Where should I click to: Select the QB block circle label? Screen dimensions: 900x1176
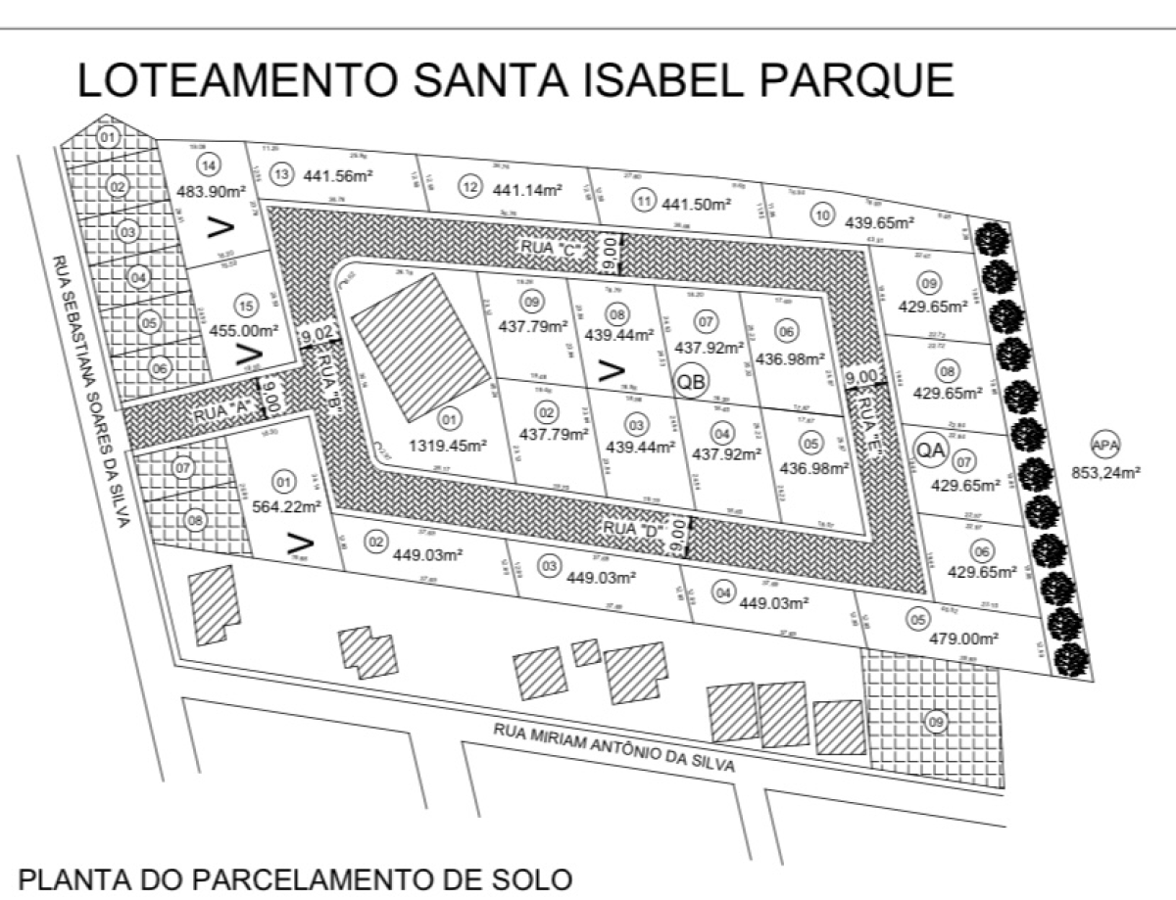point(692,383)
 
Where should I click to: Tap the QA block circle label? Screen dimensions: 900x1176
point(930,449)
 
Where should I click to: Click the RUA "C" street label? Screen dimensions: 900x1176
point(552,250)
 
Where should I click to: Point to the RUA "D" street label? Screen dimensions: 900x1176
point(632,529)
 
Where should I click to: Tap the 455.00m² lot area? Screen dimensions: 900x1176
point(240,330)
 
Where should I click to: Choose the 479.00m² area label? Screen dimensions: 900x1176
point(963,639)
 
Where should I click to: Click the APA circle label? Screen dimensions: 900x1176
point(1105,447)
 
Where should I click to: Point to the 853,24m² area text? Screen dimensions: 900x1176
point(1105,474)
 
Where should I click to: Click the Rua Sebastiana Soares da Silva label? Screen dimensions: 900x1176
point(91,392)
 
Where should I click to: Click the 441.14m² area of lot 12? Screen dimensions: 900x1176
point(527,190)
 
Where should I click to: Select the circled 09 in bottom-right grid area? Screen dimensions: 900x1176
point(936,723)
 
